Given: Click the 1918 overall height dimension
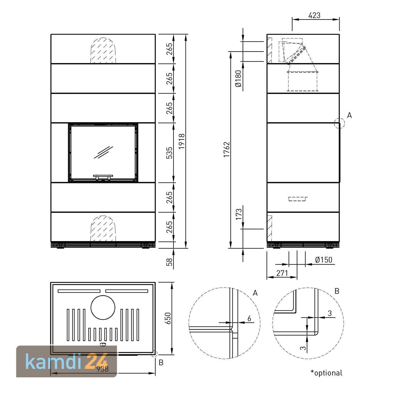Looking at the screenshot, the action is point(182,141).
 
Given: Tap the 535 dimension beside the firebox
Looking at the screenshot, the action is point(170,153).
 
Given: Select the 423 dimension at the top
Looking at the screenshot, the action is point(314,15).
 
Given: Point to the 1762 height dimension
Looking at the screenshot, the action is point(226,149).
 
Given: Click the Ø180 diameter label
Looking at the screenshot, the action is point(238,79).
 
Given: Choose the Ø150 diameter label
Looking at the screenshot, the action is point(324,260).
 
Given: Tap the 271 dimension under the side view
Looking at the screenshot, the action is point(282,273).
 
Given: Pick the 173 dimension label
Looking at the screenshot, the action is point(239,214).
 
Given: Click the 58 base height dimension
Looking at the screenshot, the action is point(170,262).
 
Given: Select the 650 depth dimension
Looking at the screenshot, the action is point(168,318).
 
